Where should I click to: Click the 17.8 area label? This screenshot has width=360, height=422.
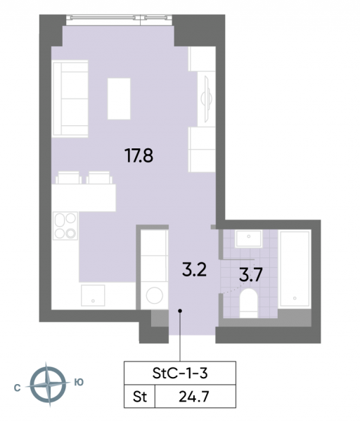[139, 156]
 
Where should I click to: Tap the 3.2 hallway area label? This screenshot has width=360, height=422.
[194, 269]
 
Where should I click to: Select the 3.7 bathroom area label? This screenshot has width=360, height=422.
[251, 275]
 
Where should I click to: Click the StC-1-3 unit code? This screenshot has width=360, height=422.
[180, 373]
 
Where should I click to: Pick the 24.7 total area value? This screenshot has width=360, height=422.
[194, 397]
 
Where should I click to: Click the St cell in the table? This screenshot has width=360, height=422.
[140, 397]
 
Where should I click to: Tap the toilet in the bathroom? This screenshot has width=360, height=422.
[249, 303]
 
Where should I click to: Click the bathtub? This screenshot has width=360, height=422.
[295, 269]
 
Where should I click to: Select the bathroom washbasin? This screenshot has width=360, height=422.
[249, 238]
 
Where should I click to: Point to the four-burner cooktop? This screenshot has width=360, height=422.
[65, 226]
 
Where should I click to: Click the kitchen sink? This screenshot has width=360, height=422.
[93, 295]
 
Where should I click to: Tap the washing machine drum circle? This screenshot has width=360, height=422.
[155, 295]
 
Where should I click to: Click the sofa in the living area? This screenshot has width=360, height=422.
[70, 98]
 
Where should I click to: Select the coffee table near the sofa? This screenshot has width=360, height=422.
[119, 98]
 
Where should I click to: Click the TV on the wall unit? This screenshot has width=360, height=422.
[207, 98]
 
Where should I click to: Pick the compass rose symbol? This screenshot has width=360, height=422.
[48, 385]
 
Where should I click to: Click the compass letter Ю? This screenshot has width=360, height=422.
[79, 382]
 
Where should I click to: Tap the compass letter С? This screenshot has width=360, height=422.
[17, 388]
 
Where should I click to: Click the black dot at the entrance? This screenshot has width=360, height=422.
[180, 311]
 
